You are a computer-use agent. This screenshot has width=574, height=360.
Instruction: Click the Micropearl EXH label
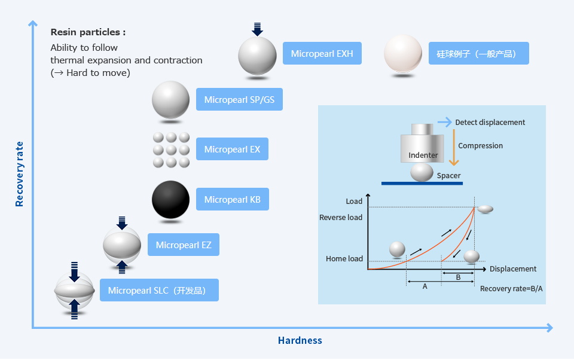[x=322, y=54]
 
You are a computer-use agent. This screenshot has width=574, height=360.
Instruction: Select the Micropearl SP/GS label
[x=239, y=99]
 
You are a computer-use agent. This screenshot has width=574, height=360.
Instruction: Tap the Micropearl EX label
[x=232, y=149]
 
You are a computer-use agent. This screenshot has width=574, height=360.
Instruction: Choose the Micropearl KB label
[x=232, y=199]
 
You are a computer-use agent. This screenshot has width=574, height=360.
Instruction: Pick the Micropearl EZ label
[x=184, y=245]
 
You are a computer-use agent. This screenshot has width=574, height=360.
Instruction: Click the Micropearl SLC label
[x=158, y=291]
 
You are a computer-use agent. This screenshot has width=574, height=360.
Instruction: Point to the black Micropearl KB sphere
[x=170, y=200]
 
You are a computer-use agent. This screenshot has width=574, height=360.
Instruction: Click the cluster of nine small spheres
[x=171, y=150]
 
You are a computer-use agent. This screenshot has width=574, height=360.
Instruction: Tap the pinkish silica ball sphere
[x=404, y=54]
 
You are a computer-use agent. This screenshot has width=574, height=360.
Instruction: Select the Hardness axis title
[x=300, y=340]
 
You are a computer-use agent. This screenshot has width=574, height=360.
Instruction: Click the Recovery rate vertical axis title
[x=20, y=174]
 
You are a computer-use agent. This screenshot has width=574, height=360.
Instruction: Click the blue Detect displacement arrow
[x=444, y=122]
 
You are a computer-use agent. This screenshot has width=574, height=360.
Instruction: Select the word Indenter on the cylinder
[x=423, y=155]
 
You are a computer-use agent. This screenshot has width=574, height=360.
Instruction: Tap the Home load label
[x=344, y=259]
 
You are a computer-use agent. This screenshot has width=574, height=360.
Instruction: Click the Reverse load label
[x=341, y=217]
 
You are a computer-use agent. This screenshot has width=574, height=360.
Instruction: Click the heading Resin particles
[x=88, y=32]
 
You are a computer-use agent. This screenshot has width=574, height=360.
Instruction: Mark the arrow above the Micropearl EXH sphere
[x=257, y=29]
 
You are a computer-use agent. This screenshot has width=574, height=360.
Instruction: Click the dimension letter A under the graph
[x=425, y=286]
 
